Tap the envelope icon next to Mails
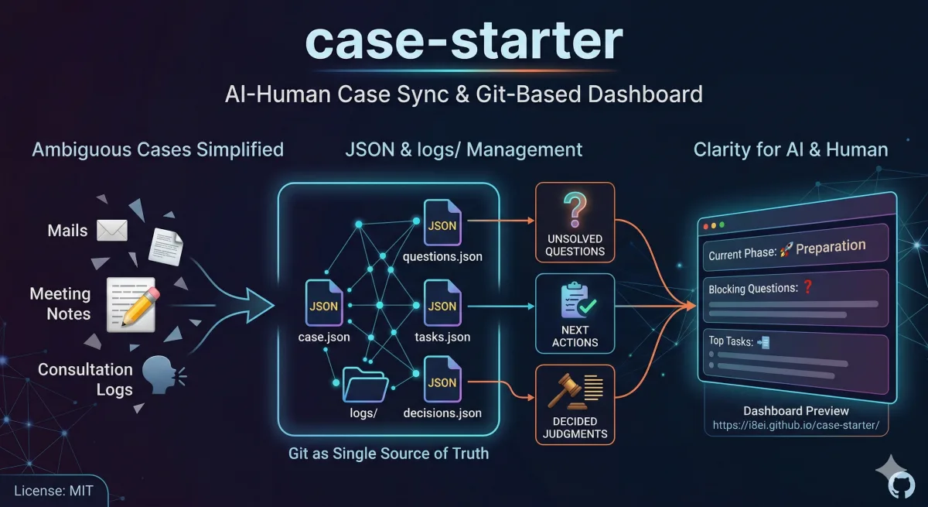click(x=111, y=230)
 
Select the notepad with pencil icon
click(x=132, y=304)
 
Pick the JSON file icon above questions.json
click(x=442, y=224)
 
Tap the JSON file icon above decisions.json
click(x=442, y=382)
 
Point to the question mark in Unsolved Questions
click(x=575, y=210)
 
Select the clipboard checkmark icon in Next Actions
click(x=575, y=300)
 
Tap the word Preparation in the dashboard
click(x=831, y=248)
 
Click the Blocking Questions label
click(x=752, y=289)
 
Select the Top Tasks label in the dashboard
click(x=731, y=341)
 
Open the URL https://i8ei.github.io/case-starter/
click(x=796, y=426)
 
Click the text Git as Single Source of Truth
click(x=388, y=454)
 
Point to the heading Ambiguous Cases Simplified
click(x=158, y=149)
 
